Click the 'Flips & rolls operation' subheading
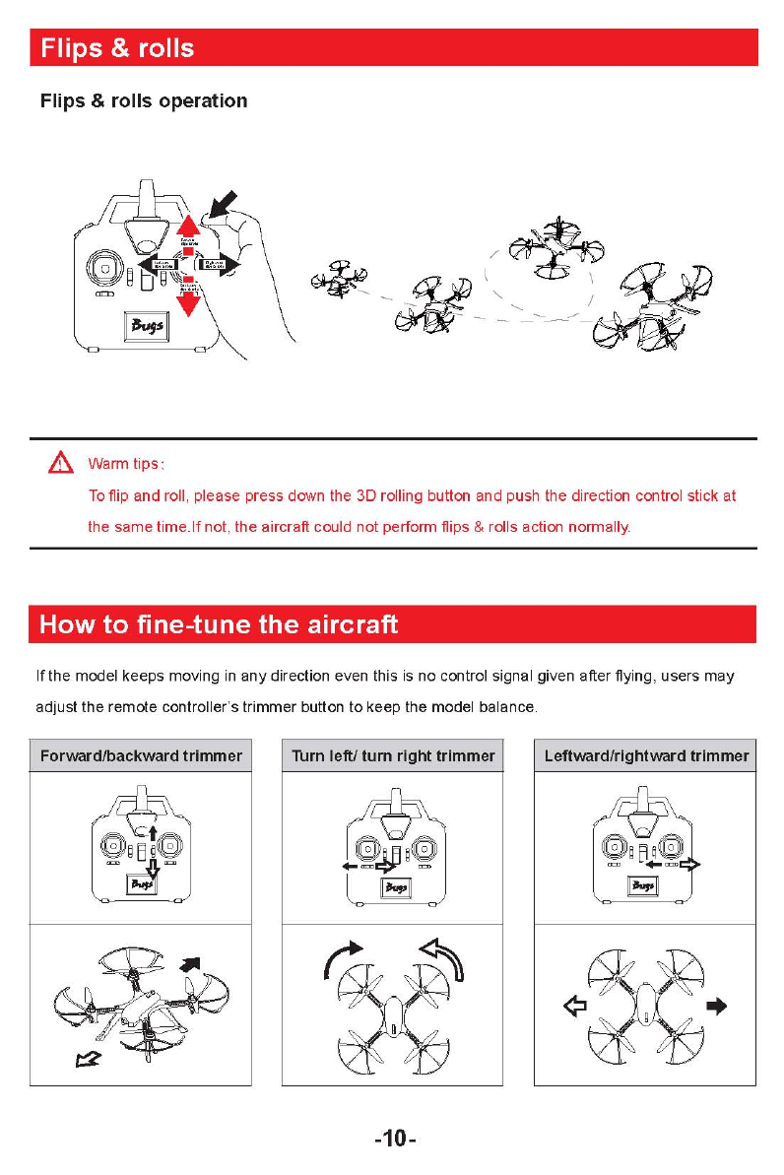point(143,101)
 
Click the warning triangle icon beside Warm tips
point(62,463)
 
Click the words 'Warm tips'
point(125,464)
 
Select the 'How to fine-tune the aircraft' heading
point(218,624)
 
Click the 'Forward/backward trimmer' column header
point(140,755)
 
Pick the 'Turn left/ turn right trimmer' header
point(393,755)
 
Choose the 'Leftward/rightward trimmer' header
point(646,755)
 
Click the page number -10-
point(394,1140)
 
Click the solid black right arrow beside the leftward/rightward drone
point(717,1007)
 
